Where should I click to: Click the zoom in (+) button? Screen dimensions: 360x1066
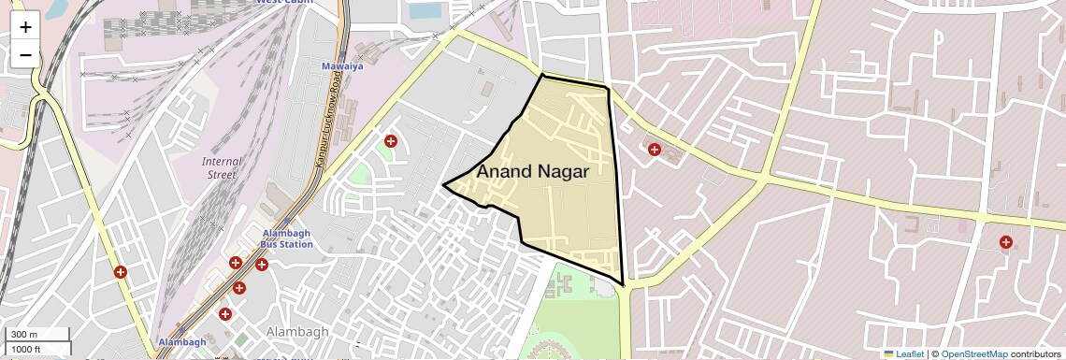tap(25, 26)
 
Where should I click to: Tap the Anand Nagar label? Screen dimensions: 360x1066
tap(532, 171)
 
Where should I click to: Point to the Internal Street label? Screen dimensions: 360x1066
tap(222, 167)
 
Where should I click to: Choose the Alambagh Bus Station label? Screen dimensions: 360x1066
tap(286, 238)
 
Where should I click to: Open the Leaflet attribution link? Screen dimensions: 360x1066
tap(904, 353)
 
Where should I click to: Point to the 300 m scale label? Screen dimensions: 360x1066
tap(25, 335)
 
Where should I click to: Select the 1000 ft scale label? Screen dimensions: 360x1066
tap(26, 349)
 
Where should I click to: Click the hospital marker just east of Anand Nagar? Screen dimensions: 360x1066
tap(655, 149)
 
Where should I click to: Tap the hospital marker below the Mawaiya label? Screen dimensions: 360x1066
tap(390, 141)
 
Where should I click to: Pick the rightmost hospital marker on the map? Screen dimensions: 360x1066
tap(1005, 243)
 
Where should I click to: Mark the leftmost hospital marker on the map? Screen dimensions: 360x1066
tap(120, 272)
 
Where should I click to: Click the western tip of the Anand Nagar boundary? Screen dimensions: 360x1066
tap(443, 184)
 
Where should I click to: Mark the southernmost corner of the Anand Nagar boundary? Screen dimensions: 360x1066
tap(623, 284)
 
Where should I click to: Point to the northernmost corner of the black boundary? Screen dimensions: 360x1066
tap(542, 74)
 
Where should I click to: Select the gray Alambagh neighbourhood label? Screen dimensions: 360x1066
tap(297, 332)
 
